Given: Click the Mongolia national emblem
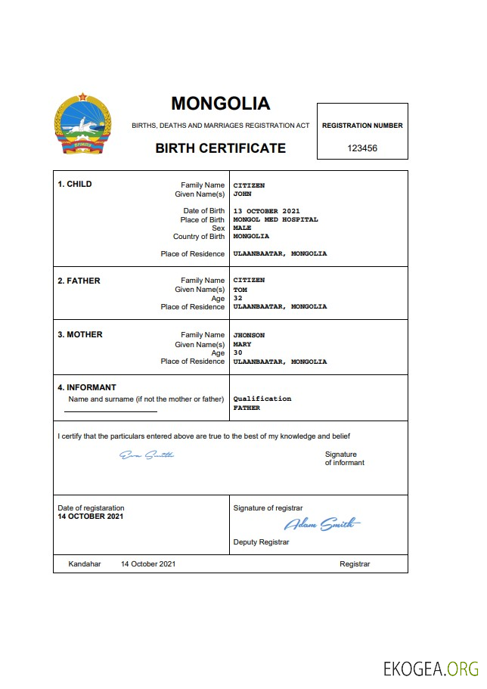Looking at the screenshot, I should click(82, 125).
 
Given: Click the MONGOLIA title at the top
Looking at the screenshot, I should click(220, 103).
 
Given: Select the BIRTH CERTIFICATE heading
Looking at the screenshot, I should click(220, 148).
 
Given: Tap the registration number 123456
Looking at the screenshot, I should click(362, 148).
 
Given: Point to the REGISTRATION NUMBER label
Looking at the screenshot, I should click(362, 126).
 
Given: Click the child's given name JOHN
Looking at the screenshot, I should click(242, 194).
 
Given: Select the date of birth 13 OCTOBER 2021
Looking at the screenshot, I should click(266, 210).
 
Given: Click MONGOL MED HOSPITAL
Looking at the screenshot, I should click(275, 219).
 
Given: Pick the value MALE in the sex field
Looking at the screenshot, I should click(242, 228).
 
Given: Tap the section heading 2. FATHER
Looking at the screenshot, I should click(79, 281).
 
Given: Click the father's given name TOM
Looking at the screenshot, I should click(240, 289).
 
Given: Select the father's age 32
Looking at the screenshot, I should click(237, 298).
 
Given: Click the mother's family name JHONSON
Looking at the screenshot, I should click(249, 335).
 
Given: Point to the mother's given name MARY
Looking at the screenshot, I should click(242, 344).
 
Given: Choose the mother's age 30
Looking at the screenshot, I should click(237, 352).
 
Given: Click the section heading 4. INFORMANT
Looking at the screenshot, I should click(87, 387).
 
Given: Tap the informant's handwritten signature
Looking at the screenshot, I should click(147, 455).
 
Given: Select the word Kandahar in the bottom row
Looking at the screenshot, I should click(84, 564).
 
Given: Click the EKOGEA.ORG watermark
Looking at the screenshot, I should click(431, 669).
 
